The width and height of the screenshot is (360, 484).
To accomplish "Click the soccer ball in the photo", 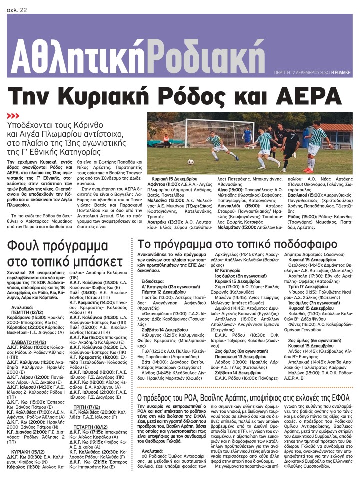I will (x=190, y=162).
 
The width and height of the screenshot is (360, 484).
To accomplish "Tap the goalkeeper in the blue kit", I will (x=247, y=135).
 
